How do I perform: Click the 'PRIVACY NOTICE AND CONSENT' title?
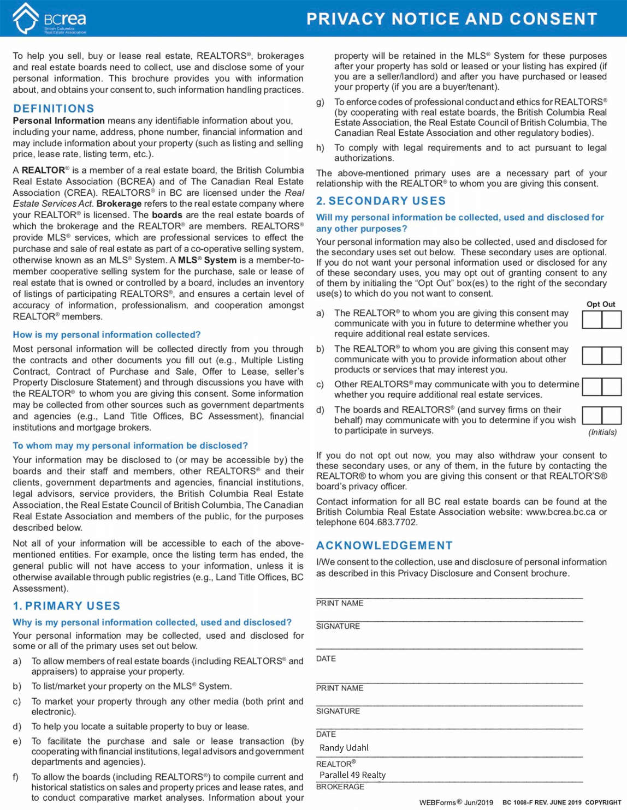point(452,19)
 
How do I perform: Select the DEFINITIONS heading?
point(54,109)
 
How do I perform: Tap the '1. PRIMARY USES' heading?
point(67,606)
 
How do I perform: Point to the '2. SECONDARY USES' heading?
point(381,201)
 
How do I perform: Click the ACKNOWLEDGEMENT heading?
point(384,545)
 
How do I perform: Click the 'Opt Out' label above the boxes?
point(601,304)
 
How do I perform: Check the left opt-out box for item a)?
point(591,320)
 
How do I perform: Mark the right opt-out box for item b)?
point(612,356)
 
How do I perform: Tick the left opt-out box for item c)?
point(591,387)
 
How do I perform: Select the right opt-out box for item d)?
point(612,415)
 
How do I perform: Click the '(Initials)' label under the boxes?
point(602,433)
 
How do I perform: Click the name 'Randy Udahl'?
point(344,748)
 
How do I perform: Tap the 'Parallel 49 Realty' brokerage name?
point(352,775)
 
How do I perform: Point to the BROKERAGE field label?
point(340,787)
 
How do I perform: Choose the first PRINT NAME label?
point(339,603)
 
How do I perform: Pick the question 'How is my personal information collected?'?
point(107,335)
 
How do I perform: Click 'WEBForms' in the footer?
point(437,802)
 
